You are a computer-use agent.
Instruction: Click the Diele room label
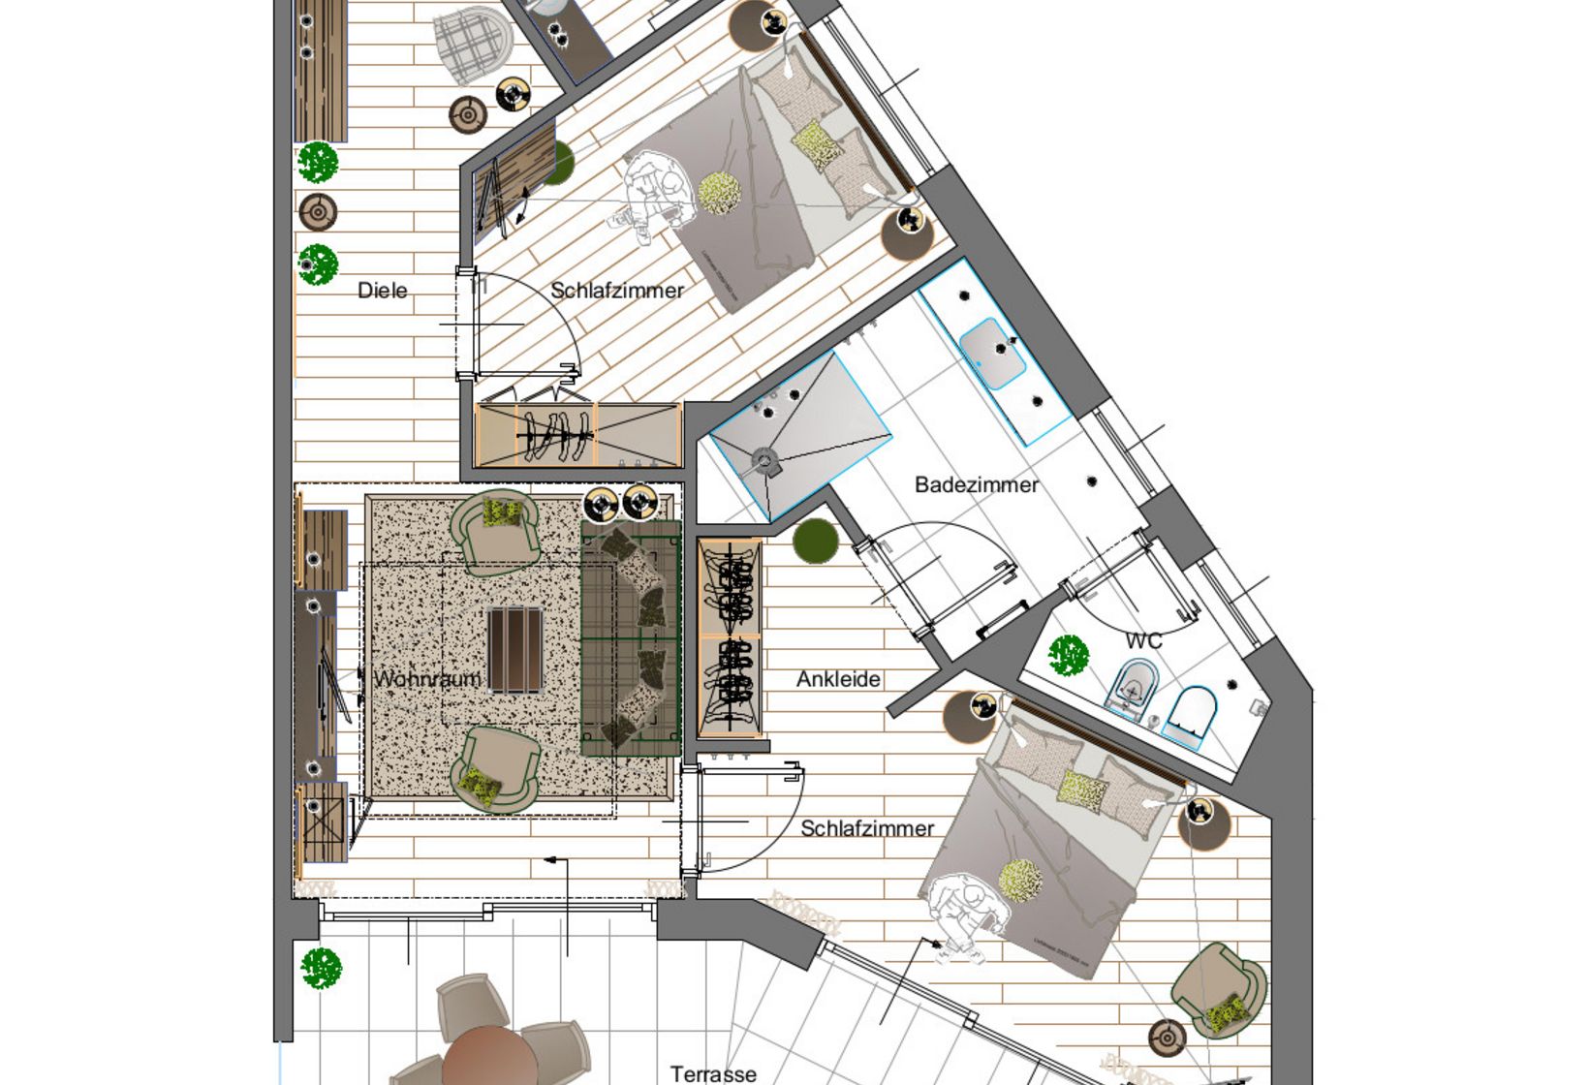(382, 291)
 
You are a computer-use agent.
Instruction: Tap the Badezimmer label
(976, 484)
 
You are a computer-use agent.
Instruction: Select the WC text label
(1143, 640)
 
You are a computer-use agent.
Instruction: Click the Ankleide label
(838, 679)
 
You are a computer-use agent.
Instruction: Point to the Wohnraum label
(427, 679)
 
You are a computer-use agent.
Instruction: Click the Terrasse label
(713, 1073)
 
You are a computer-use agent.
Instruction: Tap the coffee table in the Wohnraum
(514, 649)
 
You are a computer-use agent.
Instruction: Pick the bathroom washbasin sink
(992, 353)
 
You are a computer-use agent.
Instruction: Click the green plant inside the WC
(1069, 656)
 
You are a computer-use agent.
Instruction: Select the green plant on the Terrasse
(321, 968)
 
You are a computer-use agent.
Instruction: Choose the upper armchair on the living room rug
(496, 528)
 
